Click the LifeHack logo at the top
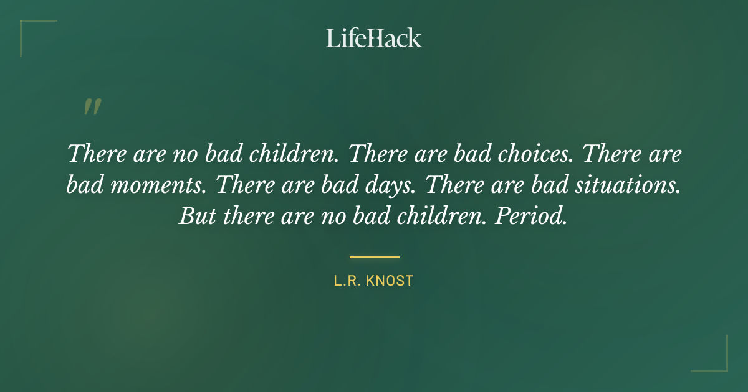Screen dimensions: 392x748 (x=373, y=38)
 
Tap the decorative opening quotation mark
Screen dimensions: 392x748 (x=92, y=108)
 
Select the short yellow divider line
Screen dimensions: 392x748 (x=374, y=256)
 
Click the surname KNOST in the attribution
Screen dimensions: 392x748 (x=390, y=281)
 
